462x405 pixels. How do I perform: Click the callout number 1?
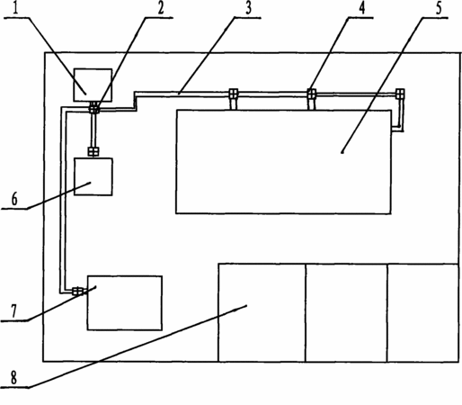click(16, 8)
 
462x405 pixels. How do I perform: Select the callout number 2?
click(161, 8)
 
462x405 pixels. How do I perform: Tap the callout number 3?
click(248, 8)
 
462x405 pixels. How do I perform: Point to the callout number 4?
click(362, 8)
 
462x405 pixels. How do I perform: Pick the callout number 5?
click(439, 8)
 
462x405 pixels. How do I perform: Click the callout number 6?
click(14, 199)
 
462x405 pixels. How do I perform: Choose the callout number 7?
click(13, 311)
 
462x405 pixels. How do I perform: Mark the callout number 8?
click(13, 378)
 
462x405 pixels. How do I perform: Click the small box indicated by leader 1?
click(93, 85)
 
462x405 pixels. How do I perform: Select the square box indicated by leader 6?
click(93, 176)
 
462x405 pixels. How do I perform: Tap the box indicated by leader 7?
click(125, 302)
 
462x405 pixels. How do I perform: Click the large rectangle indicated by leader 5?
click(283, 162)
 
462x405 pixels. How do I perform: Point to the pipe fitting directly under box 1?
click(94, 107)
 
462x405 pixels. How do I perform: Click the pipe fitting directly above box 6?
click(93, 151)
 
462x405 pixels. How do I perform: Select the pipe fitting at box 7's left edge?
click(77, 291)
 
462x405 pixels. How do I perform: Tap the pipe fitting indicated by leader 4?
click(312, 94)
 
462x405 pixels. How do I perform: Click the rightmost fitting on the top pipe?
click(400, 94)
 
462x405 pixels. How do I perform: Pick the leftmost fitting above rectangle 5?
click(234, 94)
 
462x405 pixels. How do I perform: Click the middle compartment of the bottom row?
click(346, 312)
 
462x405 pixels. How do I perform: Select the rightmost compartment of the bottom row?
click(422, 312)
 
